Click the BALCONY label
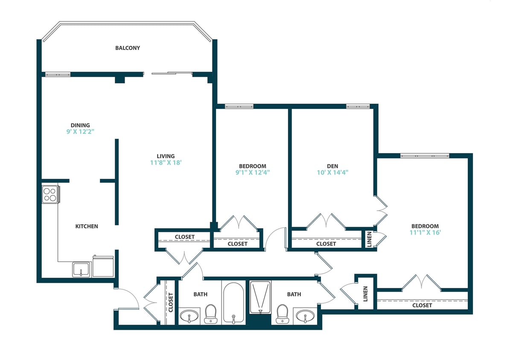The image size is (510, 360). pyautogui.click(x=127, y=48)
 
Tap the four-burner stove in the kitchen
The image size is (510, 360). pyautogui.click(x=50, y=194)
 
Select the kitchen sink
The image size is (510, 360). pyautogui.click(x=80, y=269)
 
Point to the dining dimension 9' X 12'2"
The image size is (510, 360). pyautogui.click(x=80, y=132)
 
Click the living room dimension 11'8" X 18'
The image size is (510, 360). pyautogui.click(x=165, y=163)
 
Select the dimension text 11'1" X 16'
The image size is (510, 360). pyautogui.click(x=425, y=233)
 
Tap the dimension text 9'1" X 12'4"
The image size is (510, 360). pyautogui.click(x=252, y=173)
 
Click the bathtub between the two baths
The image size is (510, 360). pyautogui.click(x=233, y=302)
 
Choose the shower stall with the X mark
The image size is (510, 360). pyautogui.click(x=260, y=296)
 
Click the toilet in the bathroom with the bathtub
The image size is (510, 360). pyautogui.click(x=210, y=314)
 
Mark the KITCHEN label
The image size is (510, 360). pyautogui.click(x=87, y=226)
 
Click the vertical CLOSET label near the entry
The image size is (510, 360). pyautogui.click(x=171, y=302)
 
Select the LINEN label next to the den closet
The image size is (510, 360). pyautogui.click(x=369, y=240)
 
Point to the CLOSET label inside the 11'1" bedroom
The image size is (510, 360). pyautogui.click(x=422, y=305)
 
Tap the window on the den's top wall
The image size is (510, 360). pyautogui.click(x=358, y=106)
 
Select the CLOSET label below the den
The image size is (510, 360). pyautogui.click(x=326, y=244)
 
